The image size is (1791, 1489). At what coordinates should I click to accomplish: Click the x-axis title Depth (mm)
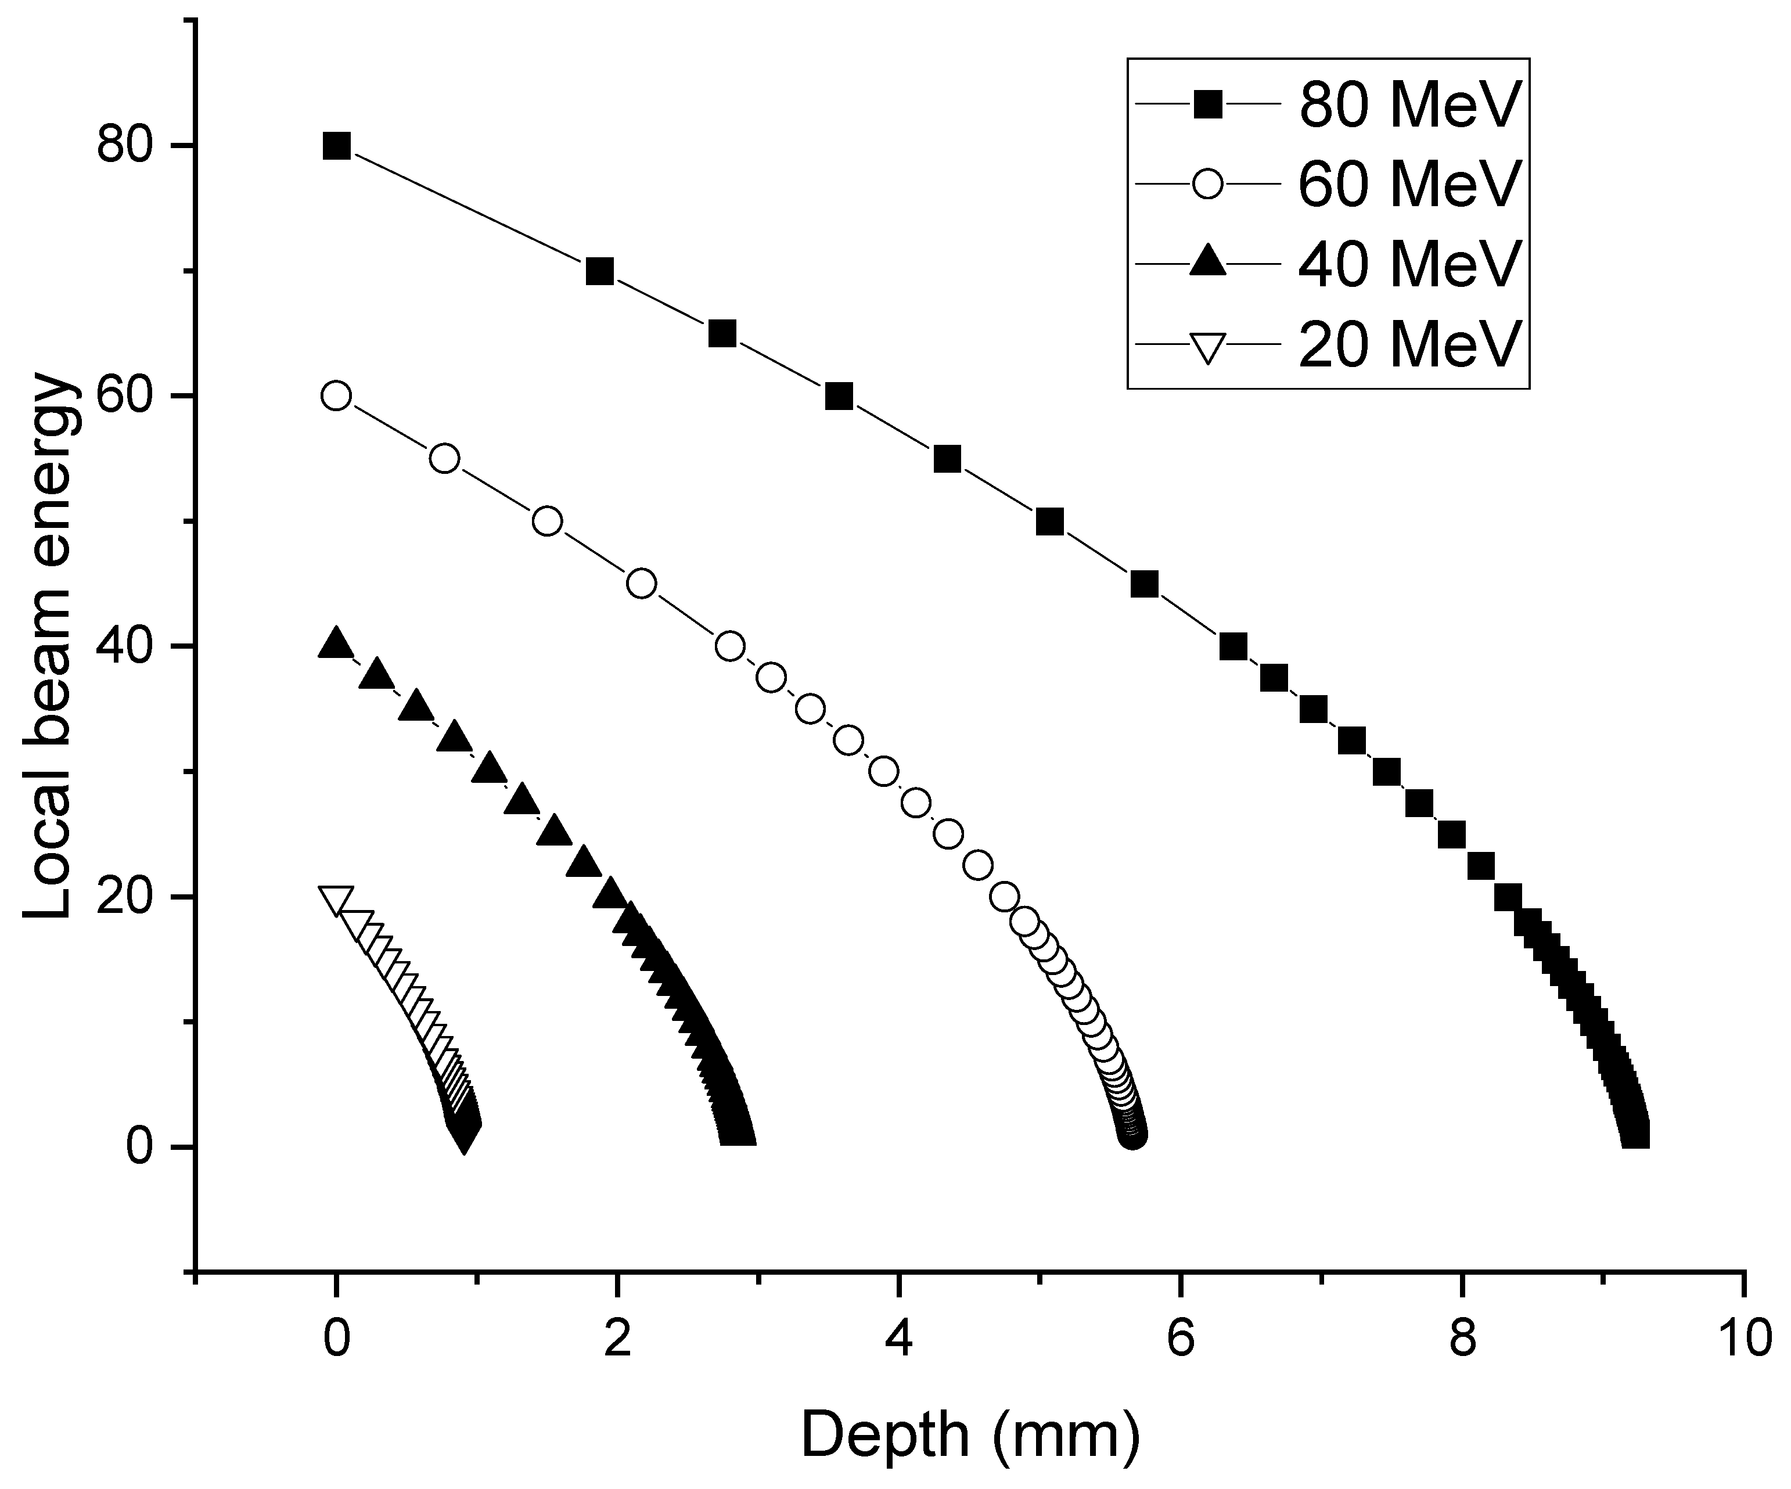tap(970, 1434)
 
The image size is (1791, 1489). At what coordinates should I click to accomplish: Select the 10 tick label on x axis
tap(1744, 1337)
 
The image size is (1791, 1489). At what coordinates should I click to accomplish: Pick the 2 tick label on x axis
tap(617, 1337)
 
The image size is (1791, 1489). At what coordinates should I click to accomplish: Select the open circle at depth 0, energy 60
tap(336, 395)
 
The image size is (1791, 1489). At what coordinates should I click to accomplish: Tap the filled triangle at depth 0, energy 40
tap(336, 644)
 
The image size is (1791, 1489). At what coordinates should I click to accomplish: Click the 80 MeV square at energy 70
tap(600, 272)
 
